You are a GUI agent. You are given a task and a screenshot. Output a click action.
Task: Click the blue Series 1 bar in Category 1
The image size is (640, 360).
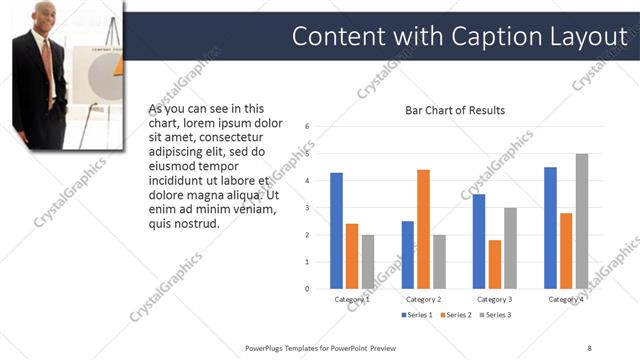(x=336, y=230)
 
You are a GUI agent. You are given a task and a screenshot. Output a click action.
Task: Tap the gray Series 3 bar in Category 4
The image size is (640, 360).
(x=581, y=221)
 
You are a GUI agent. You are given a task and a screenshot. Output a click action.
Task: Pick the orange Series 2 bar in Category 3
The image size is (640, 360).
(x=495, y=264)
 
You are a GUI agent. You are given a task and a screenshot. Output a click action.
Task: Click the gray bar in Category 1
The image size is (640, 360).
(x=367, y=261)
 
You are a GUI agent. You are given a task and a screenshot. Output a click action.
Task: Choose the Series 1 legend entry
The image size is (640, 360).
(x=418, y=315)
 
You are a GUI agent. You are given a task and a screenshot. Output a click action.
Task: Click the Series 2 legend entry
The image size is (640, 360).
(x=455, y=315)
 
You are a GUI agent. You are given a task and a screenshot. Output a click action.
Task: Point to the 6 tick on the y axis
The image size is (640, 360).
(x=308, y=126)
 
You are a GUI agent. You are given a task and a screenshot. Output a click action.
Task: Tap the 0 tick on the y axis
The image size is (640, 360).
(x=308, y=288)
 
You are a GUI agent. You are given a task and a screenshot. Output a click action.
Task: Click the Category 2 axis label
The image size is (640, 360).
(x=424, y=299)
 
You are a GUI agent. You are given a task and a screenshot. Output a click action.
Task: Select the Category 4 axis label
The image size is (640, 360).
(x=566, y=299)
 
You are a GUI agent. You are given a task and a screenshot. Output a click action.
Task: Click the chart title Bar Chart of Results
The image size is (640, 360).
(x=454, y=110)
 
